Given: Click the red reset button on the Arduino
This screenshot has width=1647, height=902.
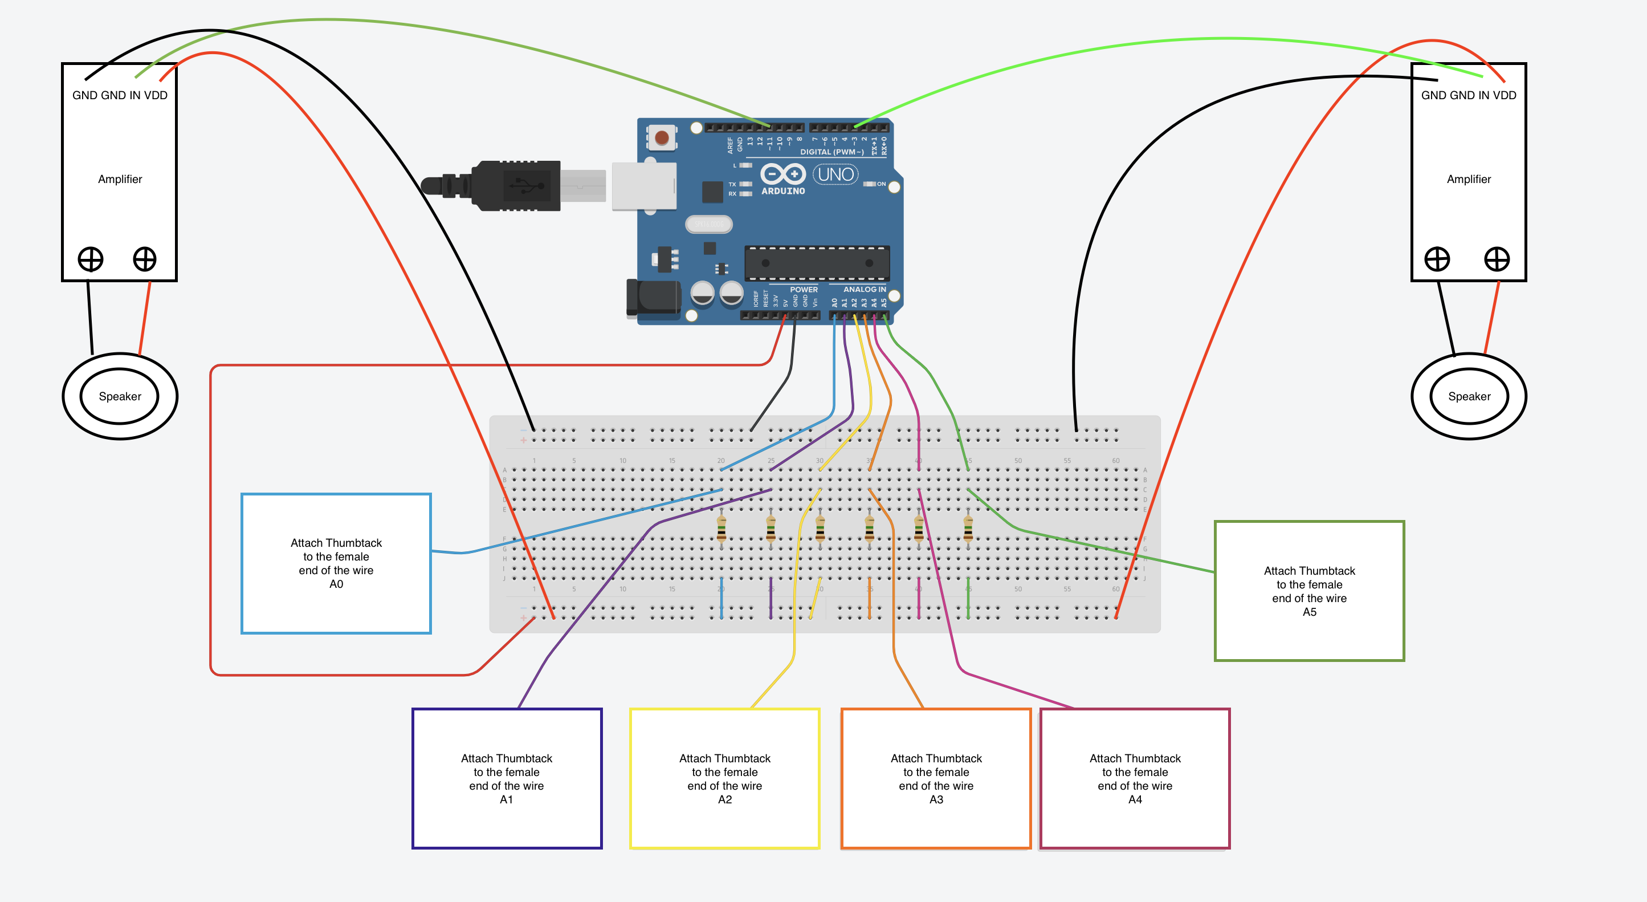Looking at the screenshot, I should (x=662, y=137).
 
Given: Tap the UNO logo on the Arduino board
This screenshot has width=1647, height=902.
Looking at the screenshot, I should (x=835, y=174).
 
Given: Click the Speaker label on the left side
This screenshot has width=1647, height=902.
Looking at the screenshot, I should (x=120, y=396).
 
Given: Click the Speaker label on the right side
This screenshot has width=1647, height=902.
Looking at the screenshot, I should (x=1469, y=396).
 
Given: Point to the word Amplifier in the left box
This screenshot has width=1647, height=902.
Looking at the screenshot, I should (x=120, y=179).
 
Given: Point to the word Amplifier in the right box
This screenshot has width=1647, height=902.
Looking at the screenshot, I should (x=1469, y=179).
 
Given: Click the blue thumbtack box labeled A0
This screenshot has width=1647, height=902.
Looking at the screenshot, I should (x=336, y=563).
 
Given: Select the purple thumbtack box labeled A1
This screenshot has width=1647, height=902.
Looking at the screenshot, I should (x=507, y=778).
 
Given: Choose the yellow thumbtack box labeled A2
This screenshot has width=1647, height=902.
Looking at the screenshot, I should (x=724, y=778).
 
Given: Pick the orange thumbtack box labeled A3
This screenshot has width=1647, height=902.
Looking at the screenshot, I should (x=936, y=778).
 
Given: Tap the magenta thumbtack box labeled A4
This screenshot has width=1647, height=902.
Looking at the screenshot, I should (x=1135, y=778).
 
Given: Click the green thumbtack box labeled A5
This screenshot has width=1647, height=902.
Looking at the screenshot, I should (x=1309, y=591).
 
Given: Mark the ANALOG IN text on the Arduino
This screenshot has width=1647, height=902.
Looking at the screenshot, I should (x=865, y=289).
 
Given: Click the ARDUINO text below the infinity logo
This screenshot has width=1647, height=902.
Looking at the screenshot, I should (x=782, y=190).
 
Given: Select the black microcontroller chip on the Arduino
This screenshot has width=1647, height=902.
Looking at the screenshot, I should (x=817, y=263).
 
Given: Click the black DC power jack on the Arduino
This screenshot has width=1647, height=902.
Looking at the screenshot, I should (x=654, y=299).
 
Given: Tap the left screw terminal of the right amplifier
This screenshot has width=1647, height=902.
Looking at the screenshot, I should (x=1437, y=259).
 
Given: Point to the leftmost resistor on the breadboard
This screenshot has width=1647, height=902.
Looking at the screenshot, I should (x=721, y=529).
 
